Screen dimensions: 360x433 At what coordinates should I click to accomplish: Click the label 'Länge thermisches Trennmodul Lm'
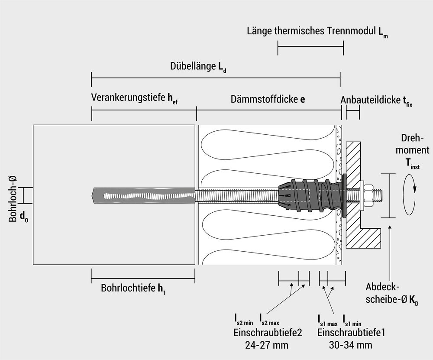[317, 32]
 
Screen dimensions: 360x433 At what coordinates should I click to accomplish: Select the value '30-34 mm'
[350, 345]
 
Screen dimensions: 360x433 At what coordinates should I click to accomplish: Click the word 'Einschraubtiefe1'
[351, 333]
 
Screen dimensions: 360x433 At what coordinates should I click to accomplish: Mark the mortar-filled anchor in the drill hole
[143, 195]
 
